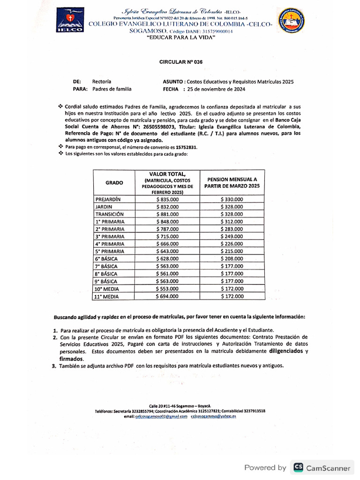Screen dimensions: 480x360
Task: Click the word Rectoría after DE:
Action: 102,82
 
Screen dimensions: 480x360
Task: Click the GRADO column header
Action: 114,182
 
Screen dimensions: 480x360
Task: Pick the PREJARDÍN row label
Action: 108,199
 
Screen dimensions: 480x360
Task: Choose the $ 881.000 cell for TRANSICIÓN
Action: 167,214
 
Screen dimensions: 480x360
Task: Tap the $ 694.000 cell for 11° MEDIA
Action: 167,296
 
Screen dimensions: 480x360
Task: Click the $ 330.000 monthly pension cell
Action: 232,199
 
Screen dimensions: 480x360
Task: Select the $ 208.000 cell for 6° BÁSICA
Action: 232,259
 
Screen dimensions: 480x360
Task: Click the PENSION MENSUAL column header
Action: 232,182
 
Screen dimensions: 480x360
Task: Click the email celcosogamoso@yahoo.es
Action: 213,416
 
